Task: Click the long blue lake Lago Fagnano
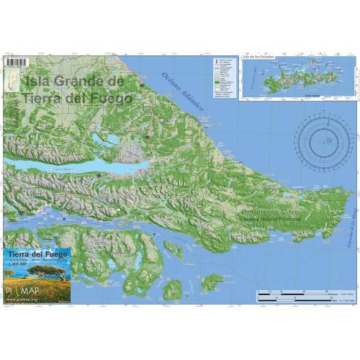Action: pyautogui.click(x=65, y=164)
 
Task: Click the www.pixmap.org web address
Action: pyautogui.click(x=27, y=300)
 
